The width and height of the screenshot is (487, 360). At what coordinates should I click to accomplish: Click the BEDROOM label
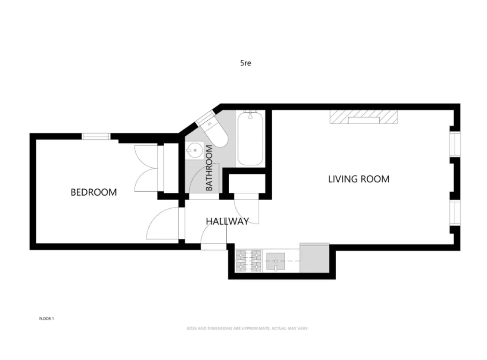[x=94, y=192]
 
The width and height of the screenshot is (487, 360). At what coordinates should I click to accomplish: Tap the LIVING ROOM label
[x=359, y=179]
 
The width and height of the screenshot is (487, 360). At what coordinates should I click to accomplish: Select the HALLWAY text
[x=227, y=221]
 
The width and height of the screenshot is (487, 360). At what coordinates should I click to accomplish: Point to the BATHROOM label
[x=209, y=168]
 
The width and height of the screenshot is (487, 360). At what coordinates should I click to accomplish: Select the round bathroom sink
[x=194, y=151]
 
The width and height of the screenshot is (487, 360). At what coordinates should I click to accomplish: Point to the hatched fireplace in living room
[x=363, y=117]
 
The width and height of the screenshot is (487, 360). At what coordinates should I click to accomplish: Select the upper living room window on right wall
[x=455, y=144]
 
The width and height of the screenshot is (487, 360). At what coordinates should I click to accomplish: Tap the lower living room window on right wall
[x=455, y=213]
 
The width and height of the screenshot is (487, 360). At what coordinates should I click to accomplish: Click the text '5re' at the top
[x=245, y=63]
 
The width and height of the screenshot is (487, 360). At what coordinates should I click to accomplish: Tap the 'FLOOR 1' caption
[x=46, y=319]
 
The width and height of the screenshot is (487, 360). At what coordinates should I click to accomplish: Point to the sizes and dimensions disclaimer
[x=247, y=329]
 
